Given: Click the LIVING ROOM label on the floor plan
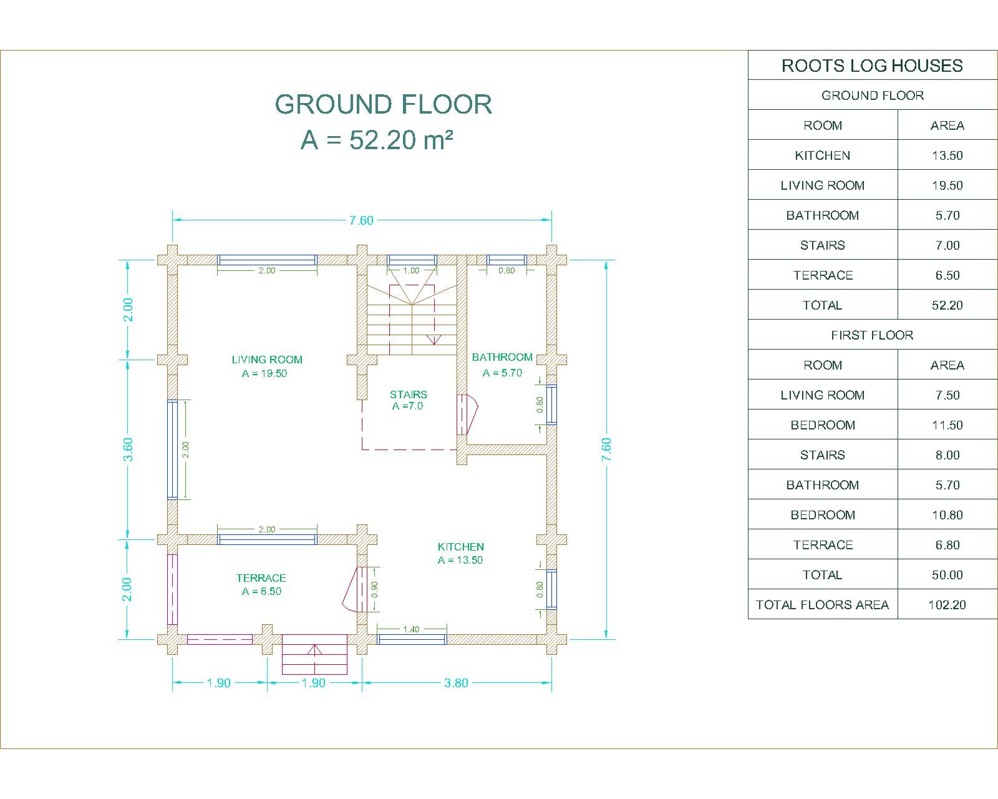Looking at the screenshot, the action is coord(267,360).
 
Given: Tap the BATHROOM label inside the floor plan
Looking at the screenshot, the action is coord(501,357).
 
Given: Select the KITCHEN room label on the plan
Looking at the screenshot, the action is coord(460,546).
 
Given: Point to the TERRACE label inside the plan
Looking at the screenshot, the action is coord(261,578).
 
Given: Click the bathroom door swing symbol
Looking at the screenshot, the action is coord(467,414).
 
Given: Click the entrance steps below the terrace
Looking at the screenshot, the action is coord(314,654).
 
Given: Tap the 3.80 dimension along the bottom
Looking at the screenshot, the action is coord(456,683).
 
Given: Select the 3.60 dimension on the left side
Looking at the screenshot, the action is coord(128,449).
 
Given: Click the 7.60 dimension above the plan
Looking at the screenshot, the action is coord(361,220).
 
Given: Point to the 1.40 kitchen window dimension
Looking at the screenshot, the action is coord(411,629).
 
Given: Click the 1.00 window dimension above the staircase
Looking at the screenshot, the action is coord(411,270).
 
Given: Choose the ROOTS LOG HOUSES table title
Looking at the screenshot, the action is coord(872,66).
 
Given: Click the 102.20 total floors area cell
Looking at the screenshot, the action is coord(947,604).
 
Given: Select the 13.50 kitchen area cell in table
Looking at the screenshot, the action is coord(947,155).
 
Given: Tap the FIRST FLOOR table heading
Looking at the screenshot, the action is coord(872,335).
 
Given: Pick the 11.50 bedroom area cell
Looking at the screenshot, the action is coord(947,425).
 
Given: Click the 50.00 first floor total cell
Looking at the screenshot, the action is coord(947,575).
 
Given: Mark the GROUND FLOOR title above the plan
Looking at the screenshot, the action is coord(383,104).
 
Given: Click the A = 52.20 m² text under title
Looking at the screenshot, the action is coord(377,139).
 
